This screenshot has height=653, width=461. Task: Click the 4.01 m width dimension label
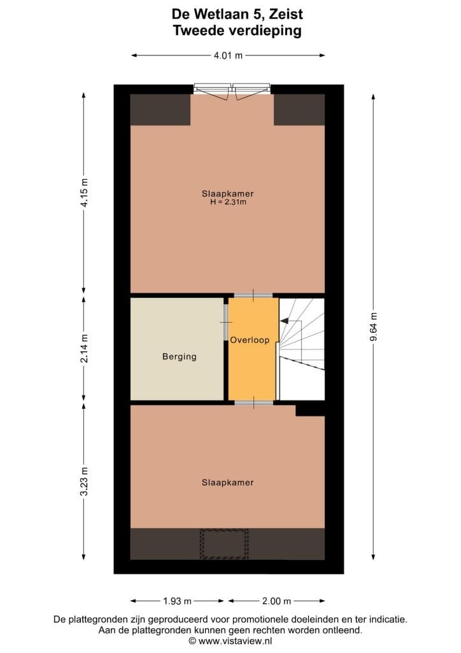click(229, 55)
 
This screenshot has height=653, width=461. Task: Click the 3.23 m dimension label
click(84, 482)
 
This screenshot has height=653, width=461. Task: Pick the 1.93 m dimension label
click(178, 601)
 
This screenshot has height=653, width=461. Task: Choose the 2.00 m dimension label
click(276, 601)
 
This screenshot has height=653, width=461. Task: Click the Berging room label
click(179, 356)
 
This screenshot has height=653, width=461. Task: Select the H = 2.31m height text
click(228, 202)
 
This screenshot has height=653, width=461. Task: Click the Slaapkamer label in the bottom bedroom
click(227, 483)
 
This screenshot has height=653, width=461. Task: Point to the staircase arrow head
click(283, 321)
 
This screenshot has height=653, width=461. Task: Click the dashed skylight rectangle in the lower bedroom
click(223, 543)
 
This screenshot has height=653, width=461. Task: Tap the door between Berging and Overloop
click(225, 322)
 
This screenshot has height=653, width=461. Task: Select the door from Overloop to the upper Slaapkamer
click(253, 295)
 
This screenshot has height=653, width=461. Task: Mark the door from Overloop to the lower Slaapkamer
click(253, 403)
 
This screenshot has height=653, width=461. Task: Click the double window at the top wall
click(232, 90)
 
